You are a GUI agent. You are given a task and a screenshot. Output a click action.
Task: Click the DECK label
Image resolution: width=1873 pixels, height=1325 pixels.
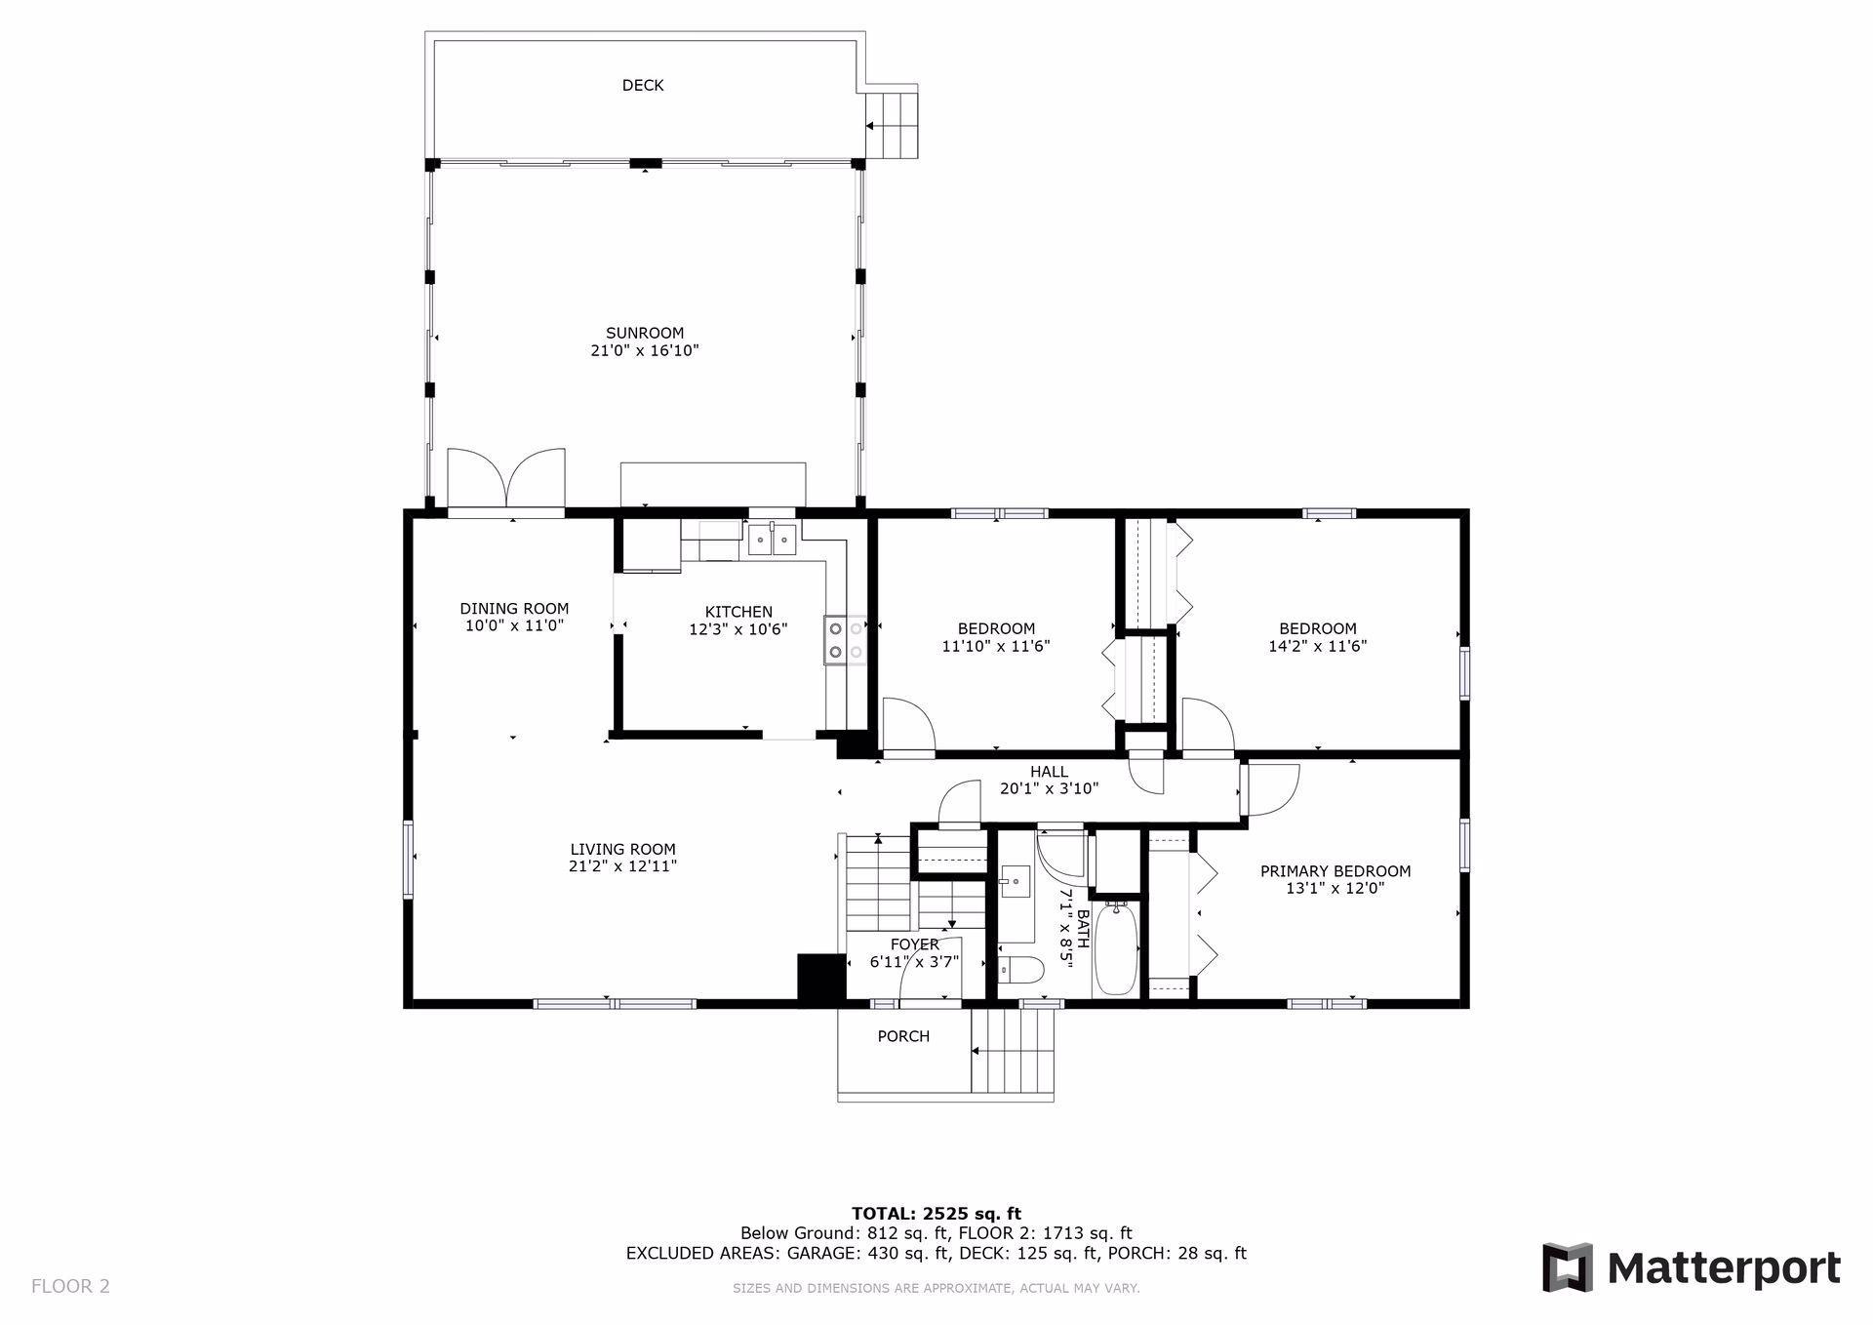pos(643,86)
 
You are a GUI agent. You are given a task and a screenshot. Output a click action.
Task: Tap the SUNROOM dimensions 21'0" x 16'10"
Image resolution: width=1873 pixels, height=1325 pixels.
pos(645,350)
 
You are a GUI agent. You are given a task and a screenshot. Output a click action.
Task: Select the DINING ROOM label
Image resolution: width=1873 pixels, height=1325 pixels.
pos(514,609)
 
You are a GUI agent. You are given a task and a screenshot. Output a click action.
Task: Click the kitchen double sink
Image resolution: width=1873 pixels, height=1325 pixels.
pos(773,540)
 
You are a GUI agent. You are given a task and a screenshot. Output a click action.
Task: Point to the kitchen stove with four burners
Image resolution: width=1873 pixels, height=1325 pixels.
pos(845,640)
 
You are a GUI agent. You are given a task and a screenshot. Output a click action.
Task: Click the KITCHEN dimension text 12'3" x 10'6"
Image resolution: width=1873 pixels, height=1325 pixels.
pos(738,630)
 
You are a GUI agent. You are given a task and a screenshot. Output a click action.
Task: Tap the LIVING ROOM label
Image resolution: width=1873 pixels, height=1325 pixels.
pos(623,850)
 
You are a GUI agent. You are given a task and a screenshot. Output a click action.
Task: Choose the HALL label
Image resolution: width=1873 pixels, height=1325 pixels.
pos(1049,772)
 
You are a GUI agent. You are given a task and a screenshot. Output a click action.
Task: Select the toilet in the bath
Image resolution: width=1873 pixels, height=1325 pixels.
pos(1021,970)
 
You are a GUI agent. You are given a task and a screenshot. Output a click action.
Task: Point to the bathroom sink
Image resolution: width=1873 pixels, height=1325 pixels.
pos(1016,881)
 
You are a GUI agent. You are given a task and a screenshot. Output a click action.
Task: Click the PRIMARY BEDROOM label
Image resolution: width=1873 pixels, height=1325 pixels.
pos(1335,871)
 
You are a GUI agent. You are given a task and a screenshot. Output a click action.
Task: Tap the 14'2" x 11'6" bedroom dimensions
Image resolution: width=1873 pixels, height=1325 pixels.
pos(1318,646)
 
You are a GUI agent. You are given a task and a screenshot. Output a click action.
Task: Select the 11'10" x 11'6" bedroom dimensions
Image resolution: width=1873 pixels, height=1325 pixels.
pos(996,646)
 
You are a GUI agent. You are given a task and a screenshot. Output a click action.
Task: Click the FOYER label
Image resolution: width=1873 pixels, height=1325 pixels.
pos(915,944)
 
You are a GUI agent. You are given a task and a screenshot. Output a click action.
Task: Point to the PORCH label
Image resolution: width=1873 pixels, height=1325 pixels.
pos(903,1036)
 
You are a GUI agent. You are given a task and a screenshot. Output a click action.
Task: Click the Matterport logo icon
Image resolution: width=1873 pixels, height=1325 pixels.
pos(1568,1267)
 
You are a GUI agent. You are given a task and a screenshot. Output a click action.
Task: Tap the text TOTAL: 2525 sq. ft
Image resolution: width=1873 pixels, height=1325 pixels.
pos(936,1215)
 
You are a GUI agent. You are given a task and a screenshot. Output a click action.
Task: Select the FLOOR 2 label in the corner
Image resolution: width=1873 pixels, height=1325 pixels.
pos(70,1286)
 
